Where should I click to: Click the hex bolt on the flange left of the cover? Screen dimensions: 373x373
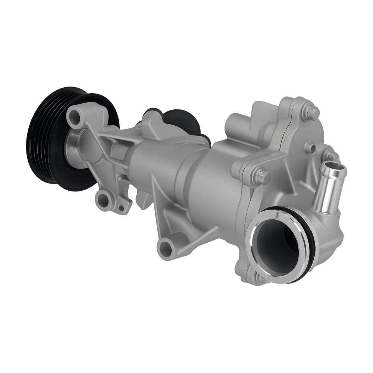262,176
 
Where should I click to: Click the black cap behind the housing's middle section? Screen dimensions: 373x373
183,119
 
